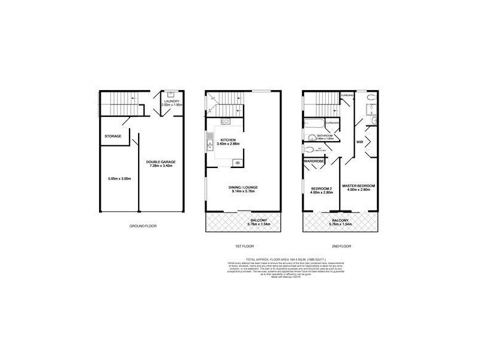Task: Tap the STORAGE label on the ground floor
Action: click(113, 136)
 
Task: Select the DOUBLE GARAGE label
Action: click(160, 163)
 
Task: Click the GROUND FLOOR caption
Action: click(143, 226)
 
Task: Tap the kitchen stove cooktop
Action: click(238, 162)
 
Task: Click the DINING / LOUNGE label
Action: click(243, 187)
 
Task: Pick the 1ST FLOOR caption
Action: click(242, 246)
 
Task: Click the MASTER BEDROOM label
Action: click(358, 187)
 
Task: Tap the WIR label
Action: click(360, 142)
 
